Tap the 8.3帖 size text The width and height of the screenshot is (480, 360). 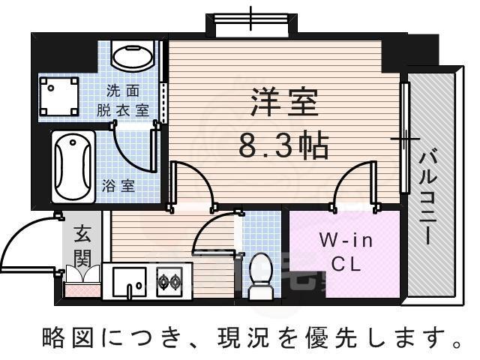[283, 145]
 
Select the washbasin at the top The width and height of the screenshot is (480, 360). [132, 54]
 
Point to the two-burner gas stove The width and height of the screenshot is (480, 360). [169, 282]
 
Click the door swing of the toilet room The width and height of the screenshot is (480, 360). [214, 236]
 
